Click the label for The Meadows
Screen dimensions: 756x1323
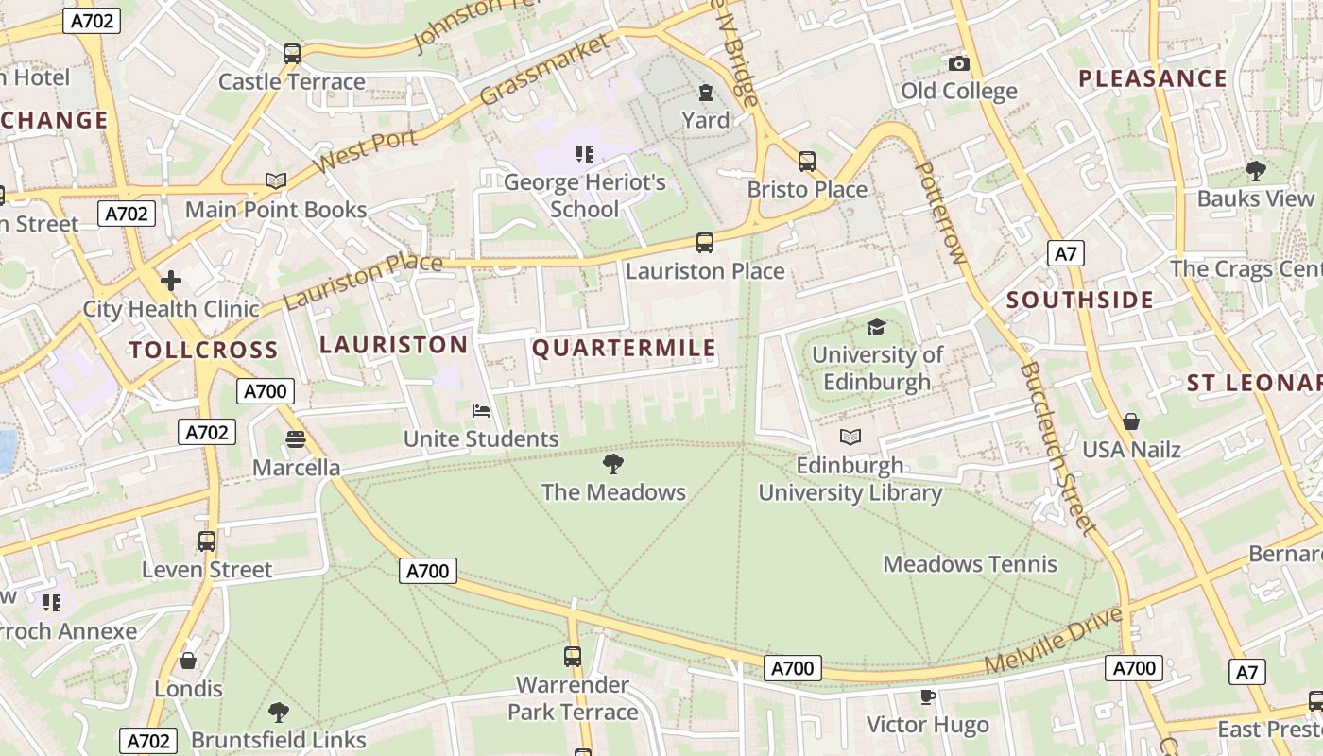pos(613,492)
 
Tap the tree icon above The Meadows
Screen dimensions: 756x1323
pos(613,463)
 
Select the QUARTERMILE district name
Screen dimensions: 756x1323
pos(624,349)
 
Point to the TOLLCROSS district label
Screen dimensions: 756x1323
pos(203,351)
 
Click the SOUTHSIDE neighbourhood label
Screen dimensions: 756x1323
pos(1080,301)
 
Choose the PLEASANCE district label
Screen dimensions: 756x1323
pos(1153,78)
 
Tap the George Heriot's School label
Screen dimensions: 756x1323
pos(584,196)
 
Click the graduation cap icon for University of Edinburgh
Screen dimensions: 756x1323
pos(877,327)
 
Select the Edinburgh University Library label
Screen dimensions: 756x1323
pos(850,479)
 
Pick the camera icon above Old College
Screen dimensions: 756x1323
pos(959,63)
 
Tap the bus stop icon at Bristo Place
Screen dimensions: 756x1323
pos(806,162)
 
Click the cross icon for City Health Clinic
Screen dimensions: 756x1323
pos(171,281)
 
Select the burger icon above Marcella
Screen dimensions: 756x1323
pos(296,439)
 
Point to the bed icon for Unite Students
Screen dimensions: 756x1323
pos(481,411)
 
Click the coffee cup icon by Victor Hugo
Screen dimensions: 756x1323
pos(928,696)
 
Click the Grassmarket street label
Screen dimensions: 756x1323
pos(545,70)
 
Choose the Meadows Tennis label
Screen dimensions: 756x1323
pos(970,564)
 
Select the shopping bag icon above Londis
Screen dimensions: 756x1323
pos(188,661)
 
